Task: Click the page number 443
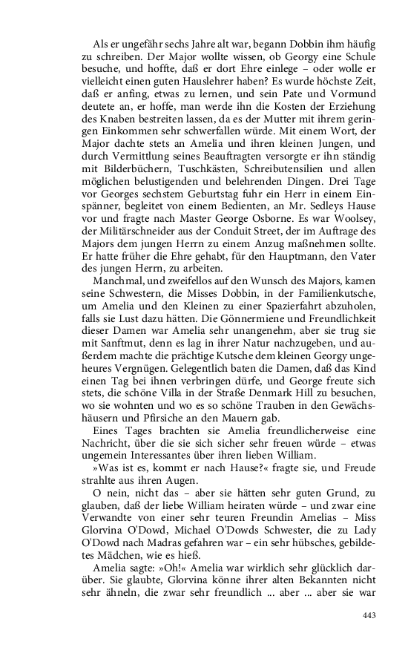(x=369, y=614)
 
